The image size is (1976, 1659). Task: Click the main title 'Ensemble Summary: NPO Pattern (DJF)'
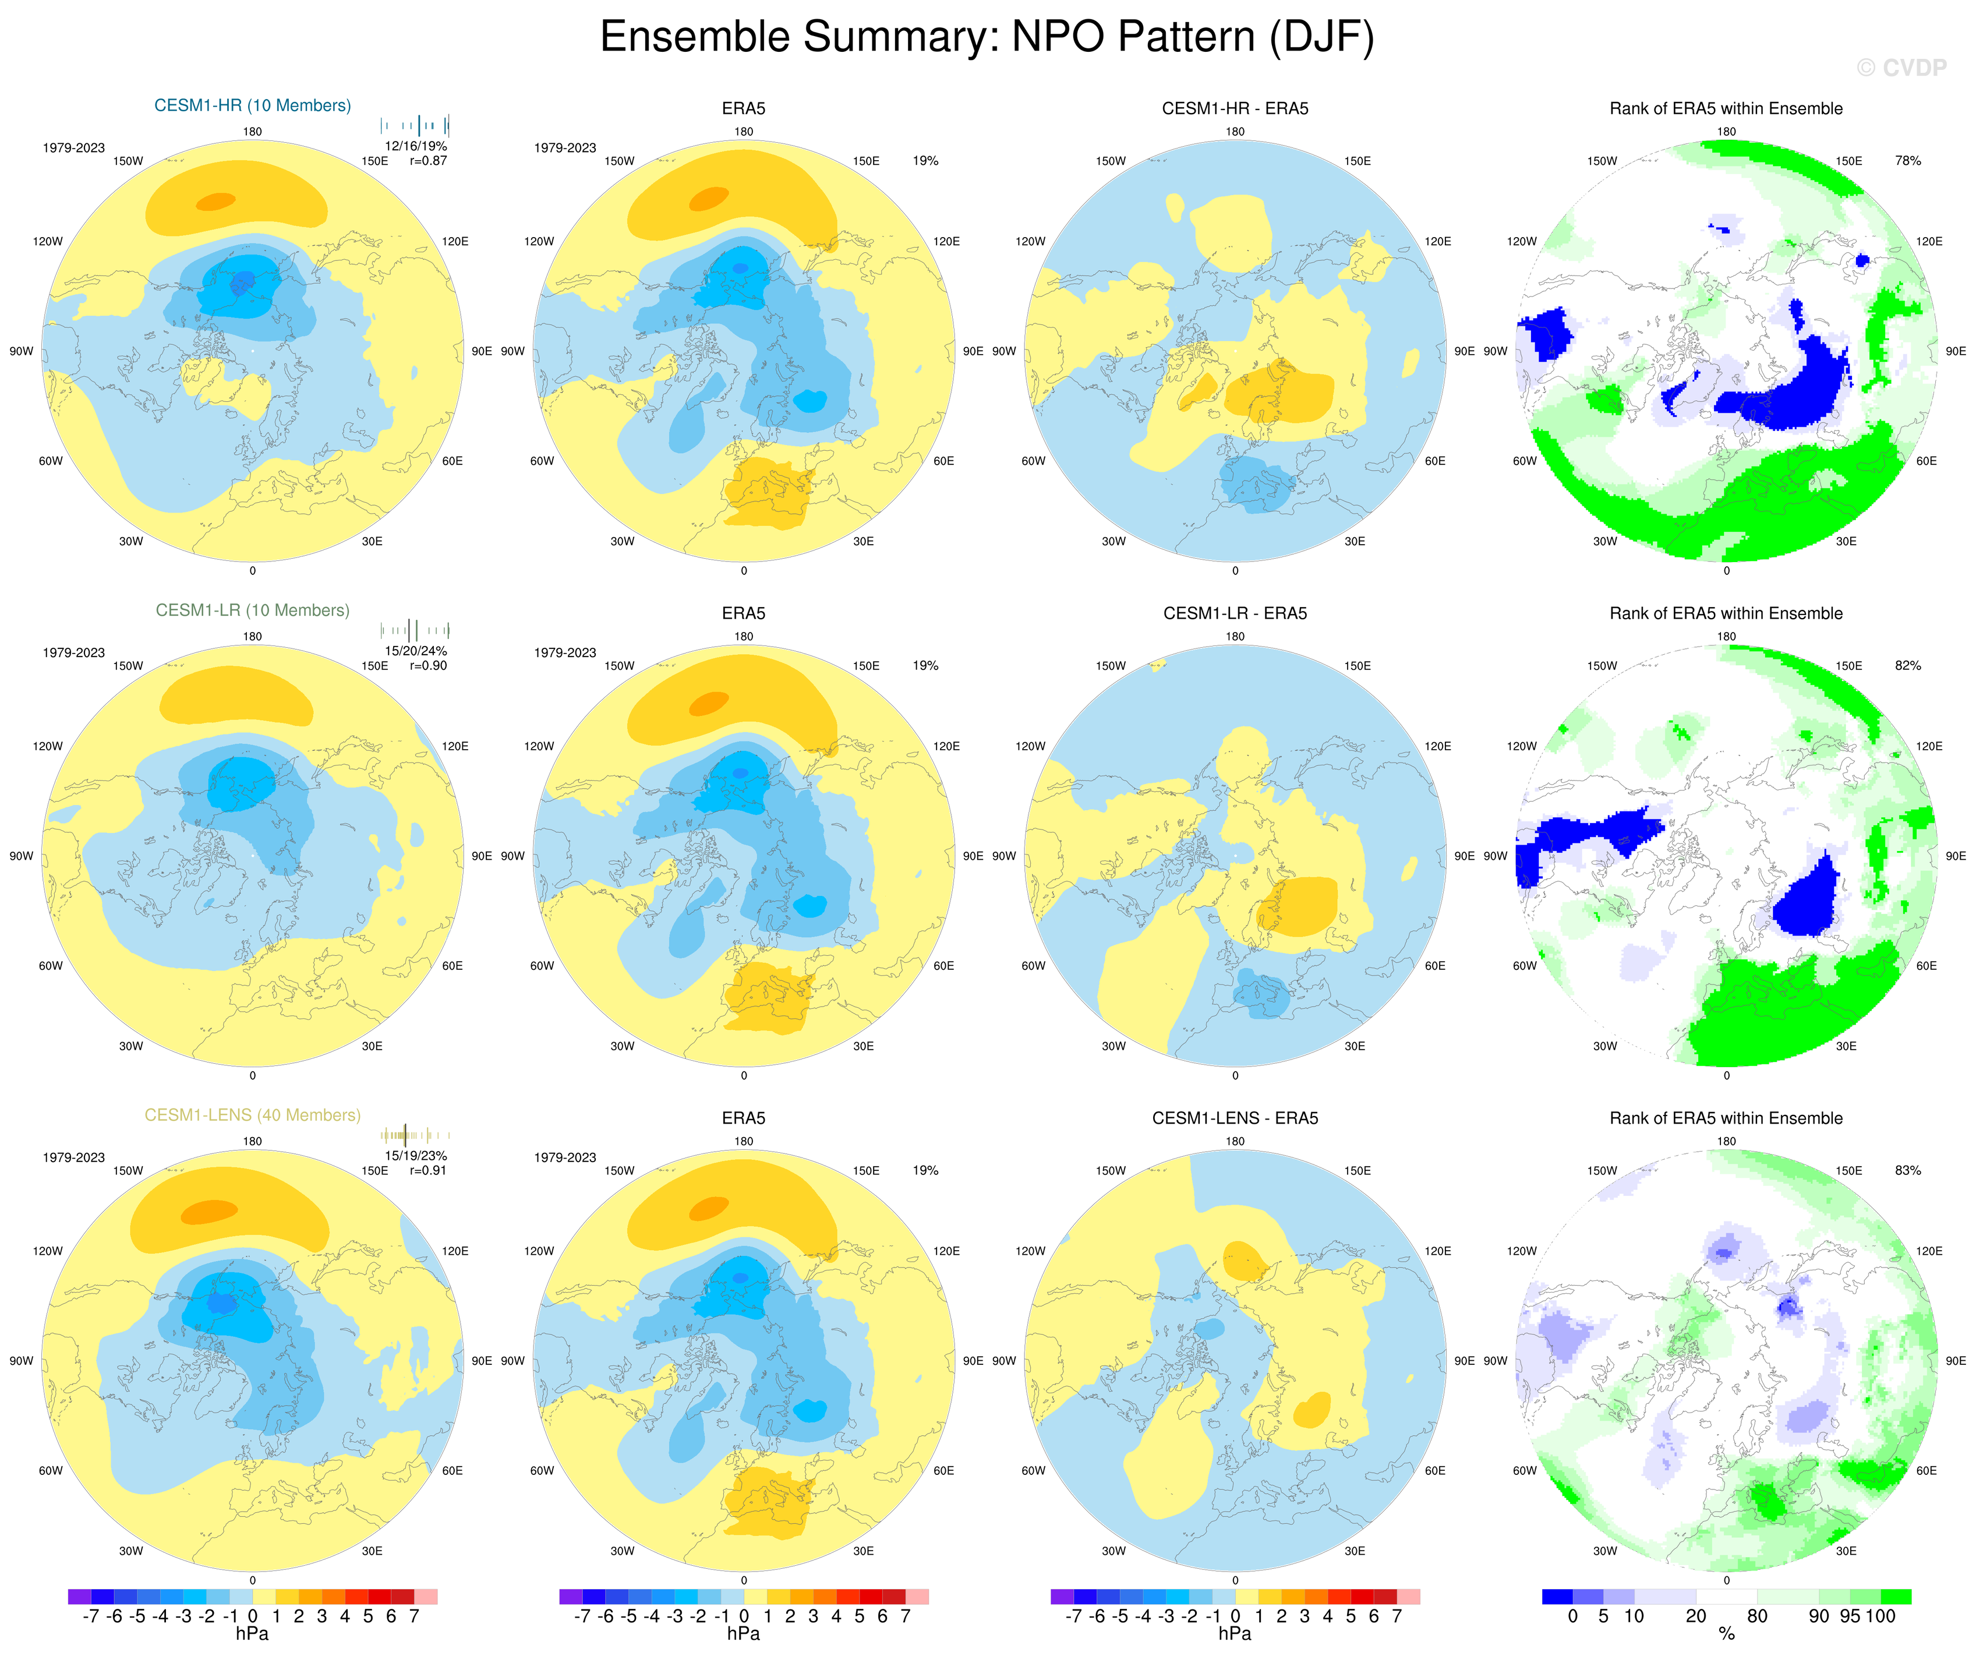click(x=987, y=38)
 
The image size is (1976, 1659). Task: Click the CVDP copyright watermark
click(x=1901, y=68)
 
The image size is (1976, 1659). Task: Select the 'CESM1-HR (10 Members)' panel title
click(x=252, y=105)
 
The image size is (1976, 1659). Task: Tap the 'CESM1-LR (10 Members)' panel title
click(x=252, y=610)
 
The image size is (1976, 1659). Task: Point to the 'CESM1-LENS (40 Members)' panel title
click(x=252, y=1115)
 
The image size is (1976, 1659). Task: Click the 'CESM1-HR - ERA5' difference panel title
click(x=1235, y=108)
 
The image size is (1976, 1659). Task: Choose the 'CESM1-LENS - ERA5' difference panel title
click(x=1235, y=1118)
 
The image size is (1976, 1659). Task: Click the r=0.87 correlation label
click(x=428, y=161)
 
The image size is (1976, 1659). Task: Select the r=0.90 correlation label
click(x=428, y=665)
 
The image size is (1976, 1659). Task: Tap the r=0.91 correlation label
click(x=428, y=1171)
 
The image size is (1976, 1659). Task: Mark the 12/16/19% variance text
click(x=416, y=146)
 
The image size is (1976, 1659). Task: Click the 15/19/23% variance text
click(x=416, y=1156)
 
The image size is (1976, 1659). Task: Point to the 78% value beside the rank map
click(x=1907, y=161)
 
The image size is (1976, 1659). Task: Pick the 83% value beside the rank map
click(x=1907, y=1171)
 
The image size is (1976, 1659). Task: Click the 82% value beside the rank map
click(x=1907, y=665)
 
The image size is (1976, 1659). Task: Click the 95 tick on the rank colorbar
click(x=1850, y=1616)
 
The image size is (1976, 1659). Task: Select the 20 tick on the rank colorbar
click(x=1696, y=1616)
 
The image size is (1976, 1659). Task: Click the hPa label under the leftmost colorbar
click(x=252, y=1635)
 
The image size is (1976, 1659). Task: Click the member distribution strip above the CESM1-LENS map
click(x=415, y=1135)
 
